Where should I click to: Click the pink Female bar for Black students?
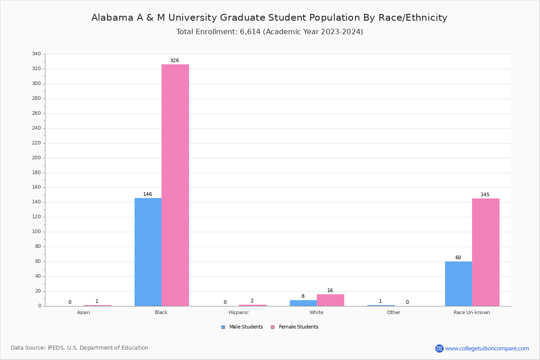click(175, 185)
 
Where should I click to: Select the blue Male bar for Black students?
click(148, 252)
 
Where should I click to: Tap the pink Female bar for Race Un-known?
click(486, 252)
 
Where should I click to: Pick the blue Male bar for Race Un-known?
click(459, 283)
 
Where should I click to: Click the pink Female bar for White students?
click(330, 300)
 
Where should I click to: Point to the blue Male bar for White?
click(303, 303)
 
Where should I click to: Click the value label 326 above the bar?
click(174, 60)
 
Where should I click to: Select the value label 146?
click(148, 194)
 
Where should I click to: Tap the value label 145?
click(485, 195)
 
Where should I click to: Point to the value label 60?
click(458, 258)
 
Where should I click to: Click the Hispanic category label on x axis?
click(238, 312)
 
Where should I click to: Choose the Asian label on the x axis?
click(83, 312)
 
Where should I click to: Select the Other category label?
click(393, 312)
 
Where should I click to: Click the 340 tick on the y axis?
click(36, 54)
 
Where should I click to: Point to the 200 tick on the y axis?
click(36, 158)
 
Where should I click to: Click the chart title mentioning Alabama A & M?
click(269, 18)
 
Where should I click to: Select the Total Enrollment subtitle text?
click(270, 32)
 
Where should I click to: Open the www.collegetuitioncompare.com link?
click(487, 348)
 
